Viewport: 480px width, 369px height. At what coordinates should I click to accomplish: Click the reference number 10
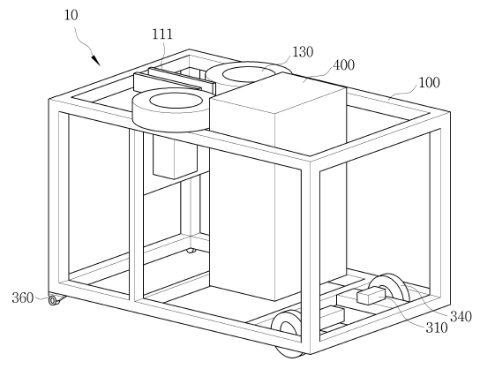pyautogui.click(x=71, y=15)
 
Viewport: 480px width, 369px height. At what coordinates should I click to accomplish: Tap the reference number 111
pyautogui.click(x=162, y=34)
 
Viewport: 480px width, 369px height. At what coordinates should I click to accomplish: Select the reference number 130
pyautogui.click(x=303, y=52)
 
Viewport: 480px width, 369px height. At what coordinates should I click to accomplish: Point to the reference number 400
pyautogui.click(x=343, y=65)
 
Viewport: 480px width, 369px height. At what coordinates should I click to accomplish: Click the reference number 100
pyautogui.click(x=429, y=82)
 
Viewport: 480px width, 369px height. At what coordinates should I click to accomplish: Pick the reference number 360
pyautogui.click(x=23, y=297)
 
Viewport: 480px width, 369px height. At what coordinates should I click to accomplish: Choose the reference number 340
pyautogui.click(x=461, y=316)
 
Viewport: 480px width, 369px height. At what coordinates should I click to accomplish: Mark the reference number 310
pyautogui.click(x=437, y=328)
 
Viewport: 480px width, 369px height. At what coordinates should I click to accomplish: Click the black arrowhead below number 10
pyautogui.click(x=96, y=60)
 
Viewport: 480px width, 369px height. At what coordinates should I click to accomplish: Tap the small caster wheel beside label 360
pyautogui.click(x=54, y=300)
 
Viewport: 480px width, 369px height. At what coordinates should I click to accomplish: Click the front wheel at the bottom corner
pyautogui.click(x=287, y=334)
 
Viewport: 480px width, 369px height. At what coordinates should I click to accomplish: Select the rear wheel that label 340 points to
pyautogui.click(x=390, y=288)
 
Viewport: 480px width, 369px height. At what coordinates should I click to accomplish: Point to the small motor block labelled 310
pyautogui.click(x=371, y=296)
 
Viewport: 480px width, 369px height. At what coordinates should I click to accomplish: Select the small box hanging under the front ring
pyautogui.click(x=175, y=157)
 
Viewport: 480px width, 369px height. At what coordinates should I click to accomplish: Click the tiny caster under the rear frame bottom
pyautogui.click(x=191, y=251)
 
